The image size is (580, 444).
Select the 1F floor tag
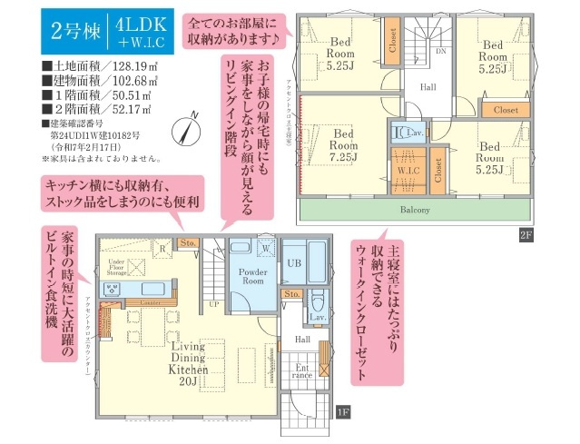(342, 410)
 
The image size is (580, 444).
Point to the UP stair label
(214, 303)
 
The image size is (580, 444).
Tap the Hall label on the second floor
(428, 88)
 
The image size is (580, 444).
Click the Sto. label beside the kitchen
(188, 243)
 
